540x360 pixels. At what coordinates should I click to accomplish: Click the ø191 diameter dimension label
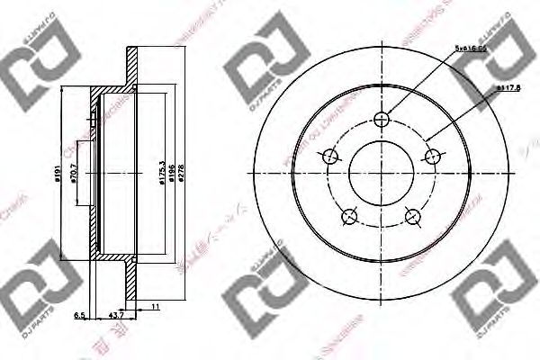55,173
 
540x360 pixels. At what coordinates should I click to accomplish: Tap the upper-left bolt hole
329,157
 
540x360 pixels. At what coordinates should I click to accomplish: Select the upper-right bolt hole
435,156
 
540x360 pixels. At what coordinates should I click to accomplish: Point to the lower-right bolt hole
414,217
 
